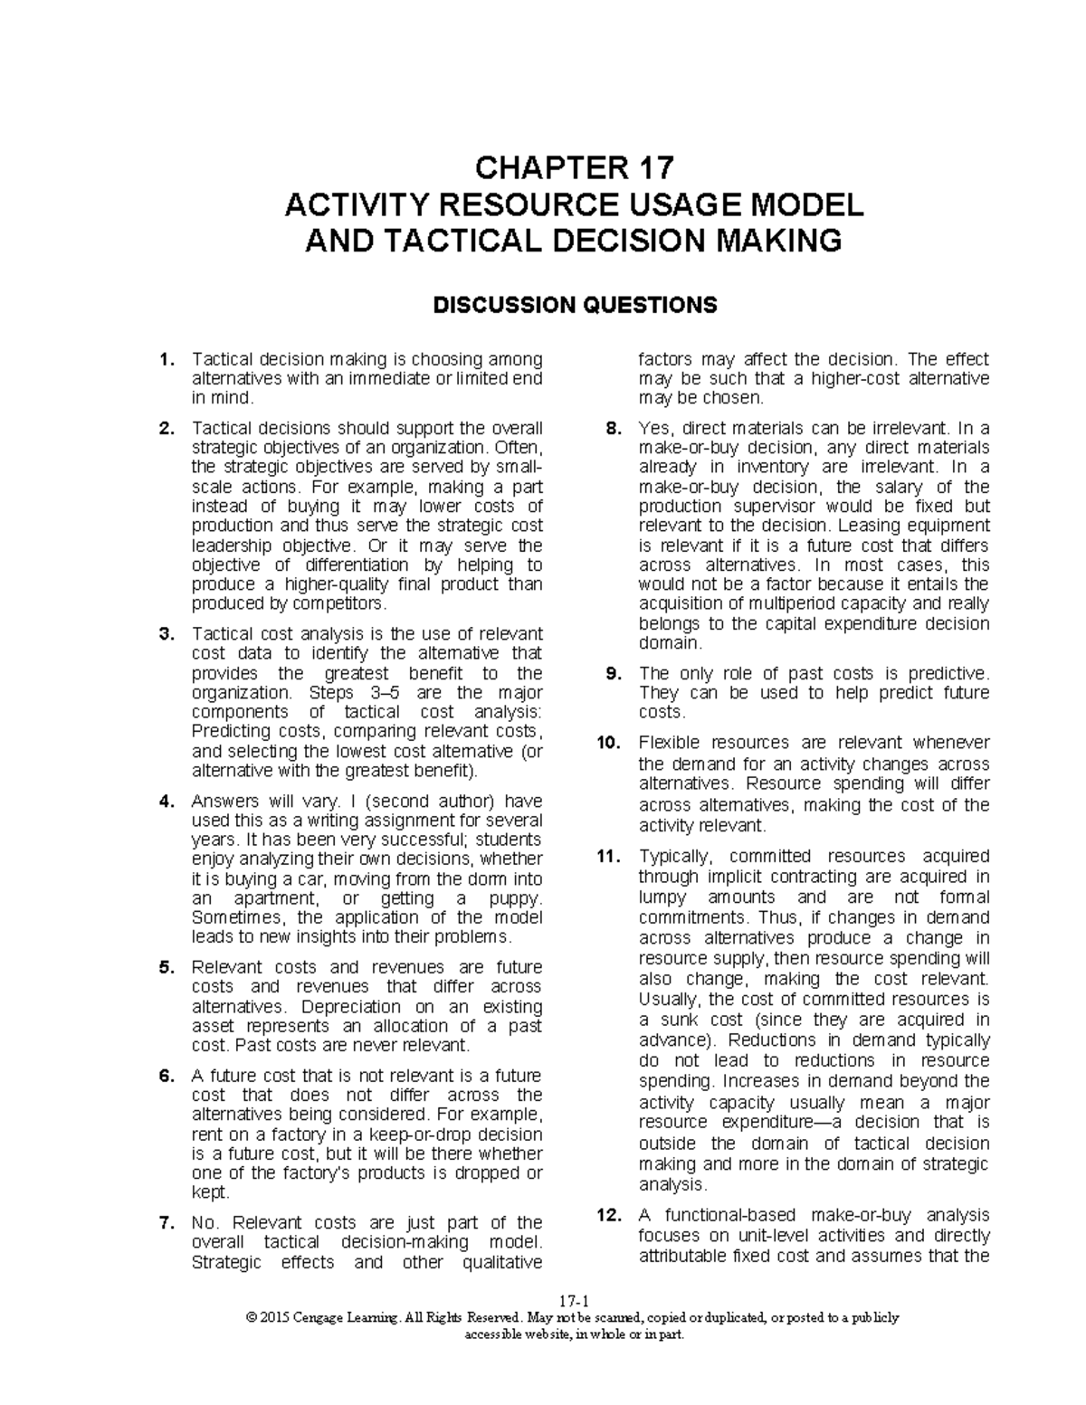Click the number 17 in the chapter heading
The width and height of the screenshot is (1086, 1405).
click(x=654, y=168)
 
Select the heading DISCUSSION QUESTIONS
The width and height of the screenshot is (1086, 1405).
click(x=575, y=305)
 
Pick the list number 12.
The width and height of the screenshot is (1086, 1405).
click(x=608, y=1215)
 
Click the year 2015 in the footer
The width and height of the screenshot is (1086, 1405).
click(x=274, y=1317)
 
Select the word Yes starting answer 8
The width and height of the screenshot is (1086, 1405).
click(x=654, y=428)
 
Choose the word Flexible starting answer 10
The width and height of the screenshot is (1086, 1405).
click(x=672, y=743)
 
